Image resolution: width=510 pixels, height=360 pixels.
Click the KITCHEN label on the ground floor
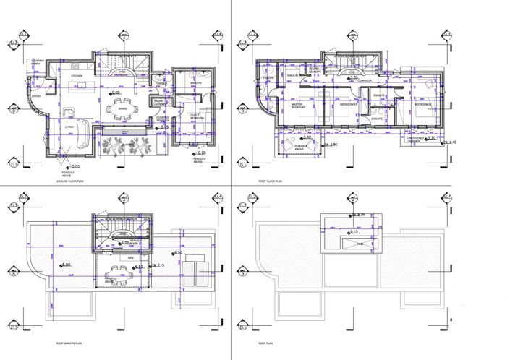coord(76,76)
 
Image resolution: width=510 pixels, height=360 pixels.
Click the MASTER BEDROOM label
coord(297,106)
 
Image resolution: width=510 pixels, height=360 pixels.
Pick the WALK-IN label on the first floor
coord(294,75)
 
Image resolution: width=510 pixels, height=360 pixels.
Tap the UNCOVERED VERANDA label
coord(414,140)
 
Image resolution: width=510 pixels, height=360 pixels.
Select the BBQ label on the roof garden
coord(131,257)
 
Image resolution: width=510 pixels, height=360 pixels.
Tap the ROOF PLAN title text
coord(265,346)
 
